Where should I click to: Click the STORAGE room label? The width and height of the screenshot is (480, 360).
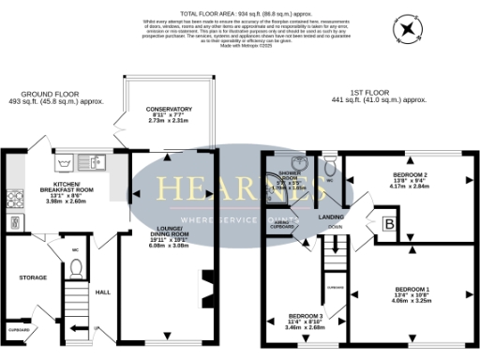coord(33,278)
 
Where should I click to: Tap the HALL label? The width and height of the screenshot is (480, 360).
coord(104,292)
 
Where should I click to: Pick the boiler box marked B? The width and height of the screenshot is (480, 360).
coord(389,224)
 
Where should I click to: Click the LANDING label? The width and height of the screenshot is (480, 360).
coord(331,217)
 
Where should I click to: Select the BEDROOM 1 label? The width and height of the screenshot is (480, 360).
coord(412,287)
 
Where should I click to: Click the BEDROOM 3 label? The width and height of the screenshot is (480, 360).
coord(306,316)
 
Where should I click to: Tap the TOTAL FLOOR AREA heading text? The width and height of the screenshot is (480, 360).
coord(239,5)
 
